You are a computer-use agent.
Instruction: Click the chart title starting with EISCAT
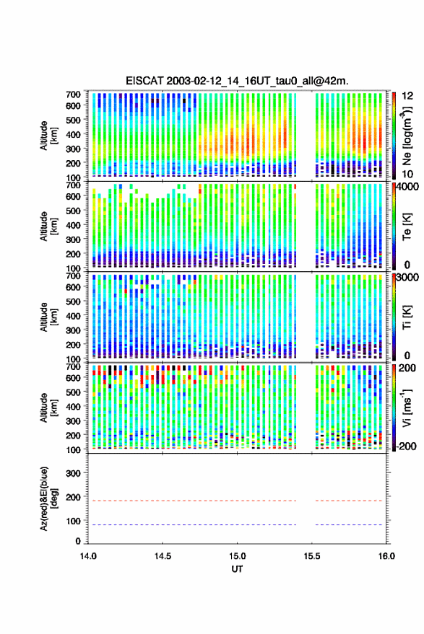tap(237, 81)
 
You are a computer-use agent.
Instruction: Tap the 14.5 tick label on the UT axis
tap(163, 556)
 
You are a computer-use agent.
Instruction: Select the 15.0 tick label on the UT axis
tap(238, 556)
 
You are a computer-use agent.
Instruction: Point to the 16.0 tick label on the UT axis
tap(386, 556)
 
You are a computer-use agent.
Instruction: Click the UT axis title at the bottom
tap(238, 569)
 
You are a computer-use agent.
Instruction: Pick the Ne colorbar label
tap(407, 136)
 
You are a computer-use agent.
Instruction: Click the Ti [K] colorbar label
tap(407, 317)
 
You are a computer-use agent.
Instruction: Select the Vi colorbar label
tap(407, 408)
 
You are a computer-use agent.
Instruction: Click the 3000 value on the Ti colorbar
tap(408, 278)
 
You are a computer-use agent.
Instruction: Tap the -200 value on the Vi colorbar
tap(406, 446)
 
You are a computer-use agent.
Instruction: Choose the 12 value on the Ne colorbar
tap(407, 96)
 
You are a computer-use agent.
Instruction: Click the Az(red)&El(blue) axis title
tap(48, 498)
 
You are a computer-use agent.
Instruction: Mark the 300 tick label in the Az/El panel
tap(74, 473)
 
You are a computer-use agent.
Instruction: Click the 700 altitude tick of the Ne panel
tap(74, 94)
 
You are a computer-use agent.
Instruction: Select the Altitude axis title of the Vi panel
tap(48, 408)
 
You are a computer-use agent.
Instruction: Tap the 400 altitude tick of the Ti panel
tap(74, 316)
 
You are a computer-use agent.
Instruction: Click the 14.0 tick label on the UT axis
tap(88, 556)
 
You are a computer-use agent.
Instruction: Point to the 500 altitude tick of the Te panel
tap(74, 211)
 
